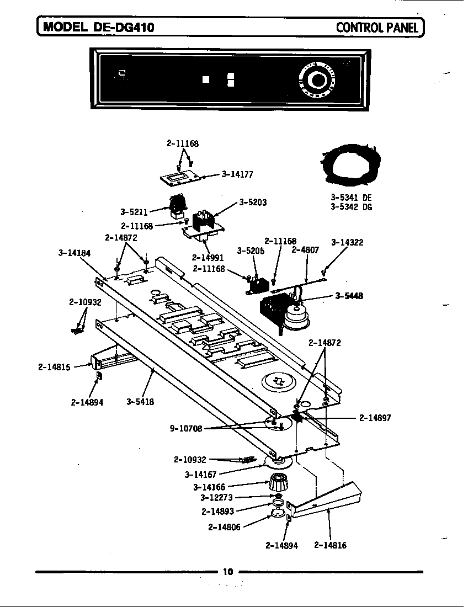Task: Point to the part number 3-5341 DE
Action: pyautogui.click(x=351, y=197)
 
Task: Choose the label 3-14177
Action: pyautogui.click(x=237, y=174)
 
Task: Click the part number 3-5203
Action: pyautogui.click(x=253, y=203)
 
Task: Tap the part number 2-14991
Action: pyautogui.click(x=208, y=257)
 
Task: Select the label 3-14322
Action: pyautogui.click(x=347, y=242)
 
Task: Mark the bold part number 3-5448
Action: pyautogui.click(x=349, y=296)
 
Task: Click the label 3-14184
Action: pyautogui.click(x=74, y=253)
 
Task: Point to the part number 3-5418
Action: pyautogui.click(x=140, y=402)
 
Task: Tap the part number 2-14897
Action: pyautogui.click(x=375, y=418)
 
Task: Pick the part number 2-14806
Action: pyautogui.click(x=224, y=526)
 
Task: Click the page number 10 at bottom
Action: pyautogui.click(x=228, y=572)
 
